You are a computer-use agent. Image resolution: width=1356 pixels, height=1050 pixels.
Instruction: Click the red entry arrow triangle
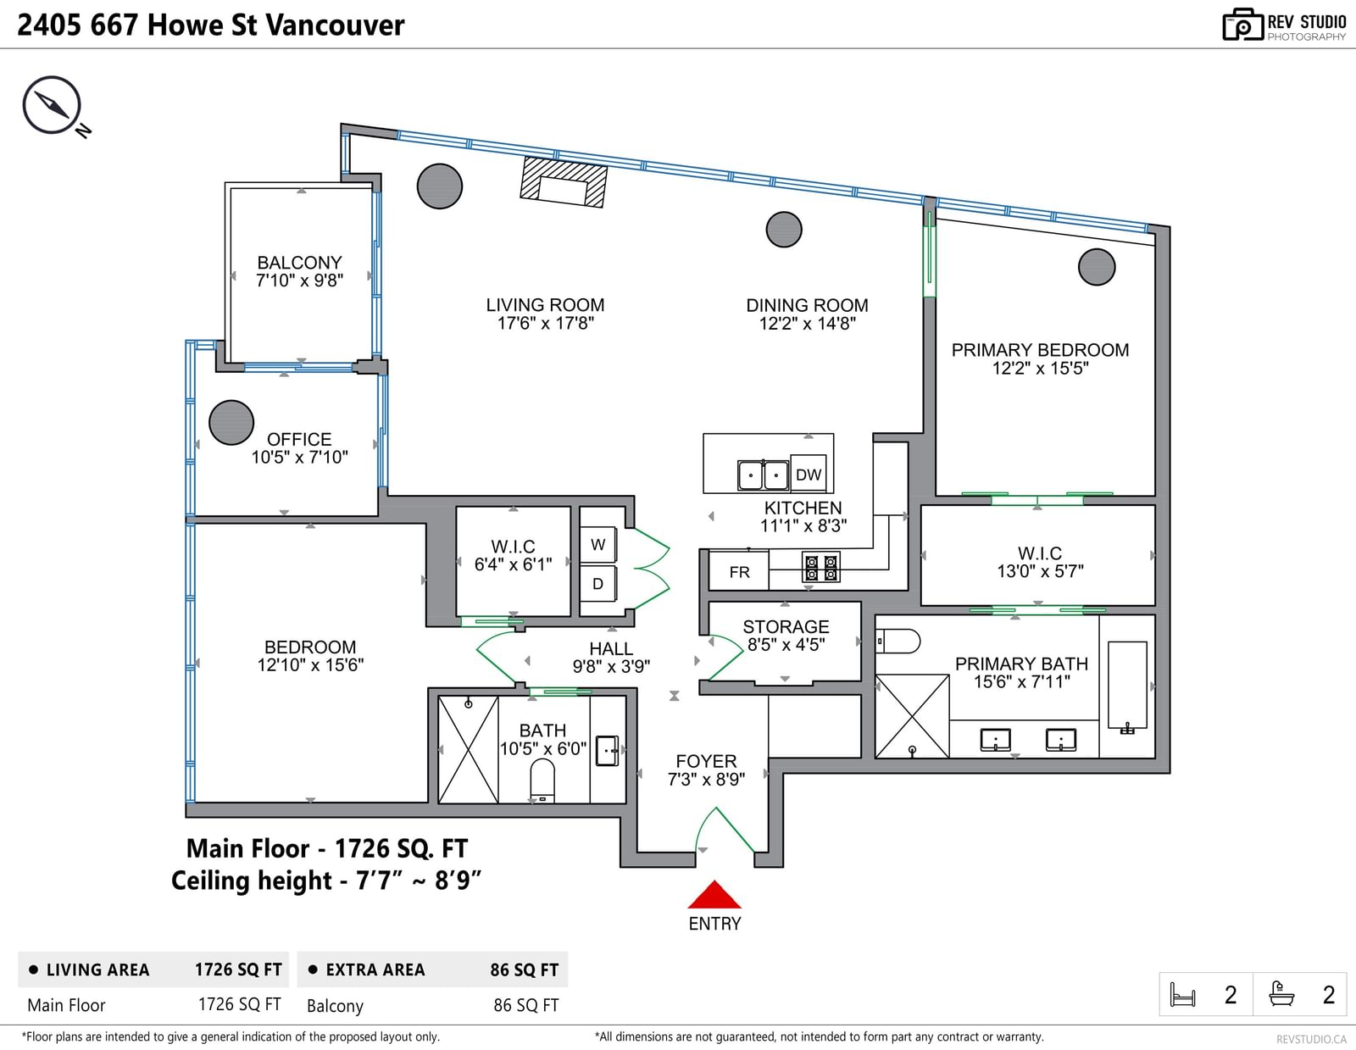point(714,894)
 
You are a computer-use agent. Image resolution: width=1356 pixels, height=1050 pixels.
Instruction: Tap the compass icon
point(53,105)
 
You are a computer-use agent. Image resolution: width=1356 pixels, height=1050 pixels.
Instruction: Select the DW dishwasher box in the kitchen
point(809,475)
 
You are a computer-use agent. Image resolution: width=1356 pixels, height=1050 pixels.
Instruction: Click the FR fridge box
point(740,571)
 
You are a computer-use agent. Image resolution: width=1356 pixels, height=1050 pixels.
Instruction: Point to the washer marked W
point(598,545)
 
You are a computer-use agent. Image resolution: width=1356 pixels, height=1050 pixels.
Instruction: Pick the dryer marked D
point(598,583)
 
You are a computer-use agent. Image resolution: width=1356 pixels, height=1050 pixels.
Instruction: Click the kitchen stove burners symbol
point(820,568)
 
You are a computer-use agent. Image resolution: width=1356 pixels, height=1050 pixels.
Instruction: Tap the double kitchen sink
point(763,475)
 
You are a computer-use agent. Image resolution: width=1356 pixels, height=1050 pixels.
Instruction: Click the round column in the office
point(231,422)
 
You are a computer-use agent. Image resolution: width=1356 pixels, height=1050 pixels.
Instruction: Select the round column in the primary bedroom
point(1097,267)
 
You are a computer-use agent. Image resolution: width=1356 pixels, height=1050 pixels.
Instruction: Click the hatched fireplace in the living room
point(564,182)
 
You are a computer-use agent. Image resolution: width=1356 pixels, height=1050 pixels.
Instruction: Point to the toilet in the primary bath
point(898,641)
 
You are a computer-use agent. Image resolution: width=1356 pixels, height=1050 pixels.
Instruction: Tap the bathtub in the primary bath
point(1128,685)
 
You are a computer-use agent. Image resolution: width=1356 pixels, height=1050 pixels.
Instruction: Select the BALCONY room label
point(299,263)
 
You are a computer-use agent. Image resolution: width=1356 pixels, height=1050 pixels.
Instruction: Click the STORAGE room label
point(786,626)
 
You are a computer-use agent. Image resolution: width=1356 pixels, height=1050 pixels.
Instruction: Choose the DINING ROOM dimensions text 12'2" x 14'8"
point(808,323)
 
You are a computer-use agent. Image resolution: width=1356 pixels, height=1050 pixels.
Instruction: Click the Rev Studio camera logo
point(1242,25)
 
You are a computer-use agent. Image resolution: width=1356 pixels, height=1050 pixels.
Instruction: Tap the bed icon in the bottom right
point(1182,994)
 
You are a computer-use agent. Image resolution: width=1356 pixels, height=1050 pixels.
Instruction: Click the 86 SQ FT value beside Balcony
point(525,1005)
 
